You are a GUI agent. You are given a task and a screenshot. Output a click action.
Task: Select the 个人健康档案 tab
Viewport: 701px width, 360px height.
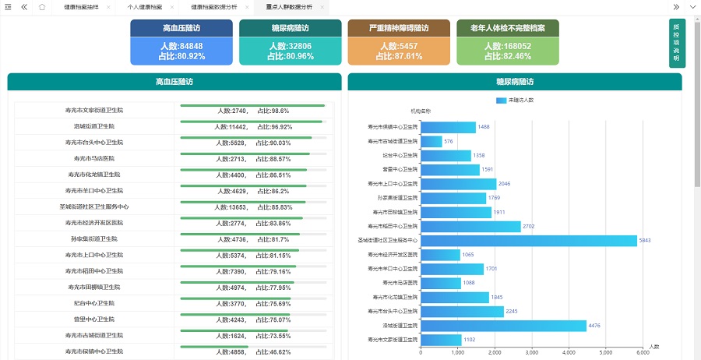pos(145,6)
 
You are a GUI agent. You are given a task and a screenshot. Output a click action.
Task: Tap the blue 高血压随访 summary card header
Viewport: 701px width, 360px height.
pos(181,28)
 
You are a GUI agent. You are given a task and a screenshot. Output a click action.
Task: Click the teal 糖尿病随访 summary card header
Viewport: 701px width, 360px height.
pos(291,28)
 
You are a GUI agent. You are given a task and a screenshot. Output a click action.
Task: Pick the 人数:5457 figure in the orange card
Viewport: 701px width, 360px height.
pos(399,46)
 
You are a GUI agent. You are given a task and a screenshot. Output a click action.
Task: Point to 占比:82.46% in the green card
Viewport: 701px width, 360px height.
pos(508,56)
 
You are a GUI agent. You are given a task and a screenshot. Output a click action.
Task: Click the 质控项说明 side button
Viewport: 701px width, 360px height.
pos(676,44)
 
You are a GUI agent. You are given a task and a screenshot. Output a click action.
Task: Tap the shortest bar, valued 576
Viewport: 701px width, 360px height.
pos(431,141)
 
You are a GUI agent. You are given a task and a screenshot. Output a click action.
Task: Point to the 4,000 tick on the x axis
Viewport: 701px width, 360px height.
pos(569,352)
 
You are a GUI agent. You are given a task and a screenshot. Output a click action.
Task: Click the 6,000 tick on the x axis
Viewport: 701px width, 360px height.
pos(643,352)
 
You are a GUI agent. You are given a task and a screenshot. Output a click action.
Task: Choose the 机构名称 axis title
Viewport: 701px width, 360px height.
pos(421,111)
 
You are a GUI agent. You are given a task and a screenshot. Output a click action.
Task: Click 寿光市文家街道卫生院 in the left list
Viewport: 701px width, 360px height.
pos(94,111)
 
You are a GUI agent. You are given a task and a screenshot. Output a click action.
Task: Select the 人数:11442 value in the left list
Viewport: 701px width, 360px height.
pos(233,127)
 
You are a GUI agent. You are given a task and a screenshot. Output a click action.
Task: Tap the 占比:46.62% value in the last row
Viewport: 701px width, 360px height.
pos(274,352)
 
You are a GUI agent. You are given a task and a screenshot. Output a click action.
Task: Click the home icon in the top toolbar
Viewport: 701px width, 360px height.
pos(41,6)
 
